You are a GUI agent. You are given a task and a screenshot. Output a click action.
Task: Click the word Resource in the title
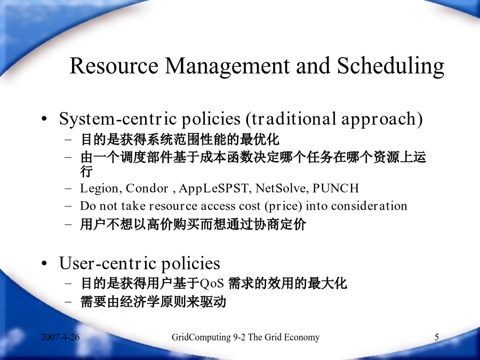pos(114,65)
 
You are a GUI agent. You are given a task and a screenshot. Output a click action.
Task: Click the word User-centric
pos(108,263)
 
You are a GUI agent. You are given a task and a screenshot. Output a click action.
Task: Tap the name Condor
pos(147,188)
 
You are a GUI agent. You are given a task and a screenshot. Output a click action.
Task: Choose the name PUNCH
pos(335,188)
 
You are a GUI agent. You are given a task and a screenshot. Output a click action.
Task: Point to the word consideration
pos(369,206)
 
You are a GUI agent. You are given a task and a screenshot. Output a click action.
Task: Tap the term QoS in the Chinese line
pos(212,283)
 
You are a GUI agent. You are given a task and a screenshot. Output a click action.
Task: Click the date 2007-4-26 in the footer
pos(60,337)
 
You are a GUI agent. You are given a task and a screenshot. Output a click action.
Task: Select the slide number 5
pos(437,337)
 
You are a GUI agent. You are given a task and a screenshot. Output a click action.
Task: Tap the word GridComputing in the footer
pos(201,338)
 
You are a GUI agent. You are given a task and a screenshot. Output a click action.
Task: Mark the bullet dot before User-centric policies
pos(45,263)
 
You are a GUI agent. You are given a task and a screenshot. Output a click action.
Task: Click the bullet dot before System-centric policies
pos(45,119)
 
